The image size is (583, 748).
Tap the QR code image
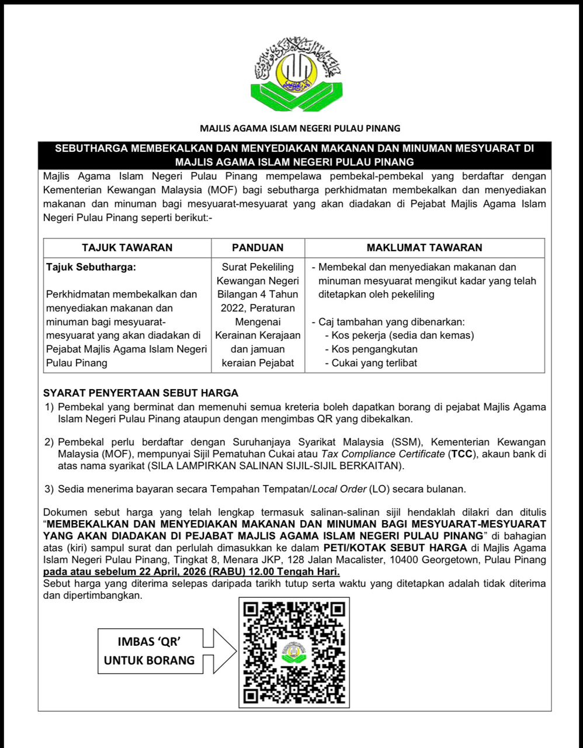coord(294,652)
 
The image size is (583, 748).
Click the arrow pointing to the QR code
coord(220,650)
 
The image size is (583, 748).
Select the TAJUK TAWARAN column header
coord(127,248)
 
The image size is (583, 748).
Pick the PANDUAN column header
coord(258,248)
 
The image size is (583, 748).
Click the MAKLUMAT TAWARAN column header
coord(424,248)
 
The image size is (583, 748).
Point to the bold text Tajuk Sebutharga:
coord(90,267)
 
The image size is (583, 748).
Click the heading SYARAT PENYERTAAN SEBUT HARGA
coord(141,393)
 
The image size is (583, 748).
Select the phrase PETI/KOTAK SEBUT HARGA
coord(395,548)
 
